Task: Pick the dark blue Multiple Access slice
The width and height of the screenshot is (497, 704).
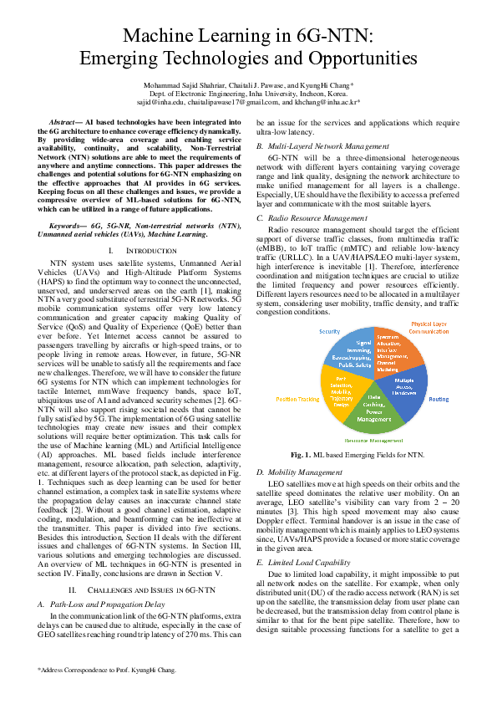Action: click(x=405, y=390)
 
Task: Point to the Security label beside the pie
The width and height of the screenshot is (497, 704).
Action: click(x=329, y=332)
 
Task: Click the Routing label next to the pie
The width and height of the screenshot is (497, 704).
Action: click(x=439, y=400)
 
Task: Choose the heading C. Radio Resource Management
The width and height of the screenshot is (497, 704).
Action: click(x=312, y=217)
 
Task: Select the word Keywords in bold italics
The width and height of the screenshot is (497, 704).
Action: click(x=68, y=202)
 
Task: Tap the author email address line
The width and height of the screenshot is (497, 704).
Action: click(x=248, y=102)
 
